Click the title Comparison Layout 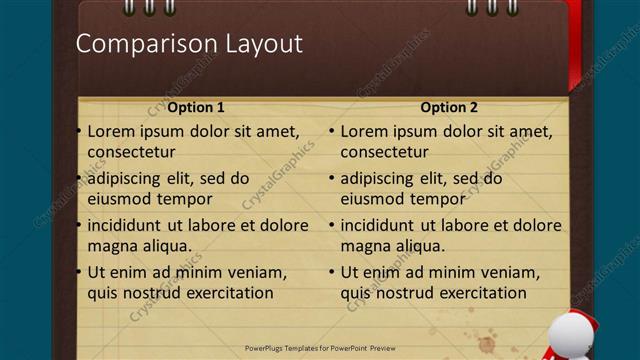(189, 44)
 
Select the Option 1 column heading (196, 107)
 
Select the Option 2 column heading (449, 107)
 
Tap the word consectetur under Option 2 (384, 152)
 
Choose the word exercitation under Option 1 (227, 293)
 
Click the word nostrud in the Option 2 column (403, 293)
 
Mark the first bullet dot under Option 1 (79, 131)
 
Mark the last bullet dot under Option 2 (332, 272)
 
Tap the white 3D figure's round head (569, 335)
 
